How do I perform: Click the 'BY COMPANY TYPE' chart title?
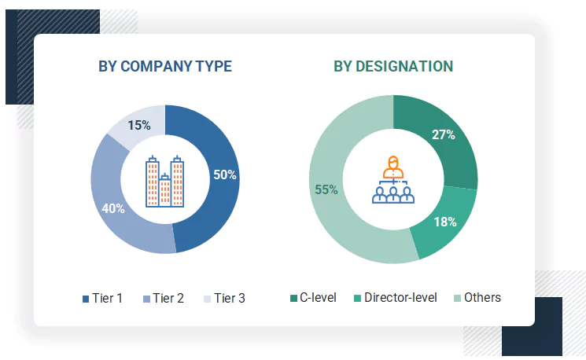[x=164, y=66]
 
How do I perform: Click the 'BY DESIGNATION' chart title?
[x=393, y=66]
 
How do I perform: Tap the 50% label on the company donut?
[x=225, y=174]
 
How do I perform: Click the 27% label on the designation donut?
[x=444, y=134]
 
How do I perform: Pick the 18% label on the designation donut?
[x=445, y=222]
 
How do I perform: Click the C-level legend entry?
[x=313, y=297]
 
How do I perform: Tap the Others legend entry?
[x=477, y=297]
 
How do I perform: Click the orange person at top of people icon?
[x=393, y=167]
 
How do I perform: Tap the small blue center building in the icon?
[x=164, y=190]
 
